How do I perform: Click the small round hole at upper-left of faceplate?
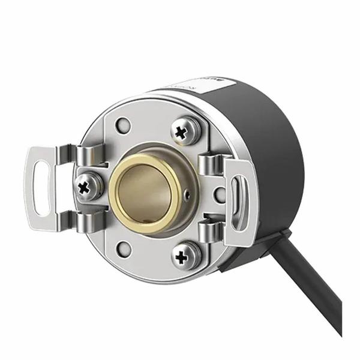[124, 126]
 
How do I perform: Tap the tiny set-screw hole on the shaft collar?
[188, 194]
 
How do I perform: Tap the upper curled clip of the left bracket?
[89, 155]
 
